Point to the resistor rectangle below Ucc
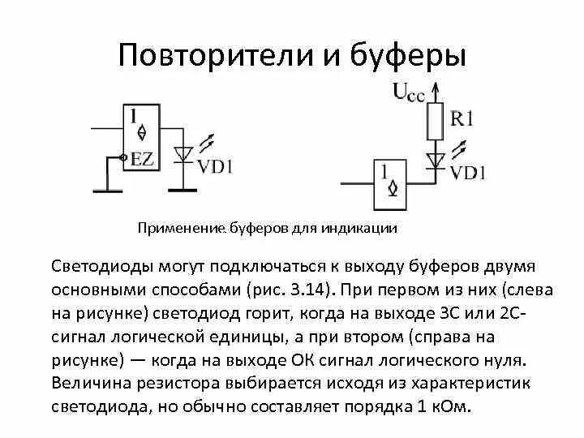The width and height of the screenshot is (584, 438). click(436, 120)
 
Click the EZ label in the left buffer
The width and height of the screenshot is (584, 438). click(143, 159)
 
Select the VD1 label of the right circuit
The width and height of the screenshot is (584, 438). click(467, 171)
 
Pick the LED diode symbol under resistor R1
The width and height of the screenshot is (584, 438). click(436, 157)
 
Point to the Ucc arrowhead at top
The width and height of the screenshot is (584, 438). click(436, 86)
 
